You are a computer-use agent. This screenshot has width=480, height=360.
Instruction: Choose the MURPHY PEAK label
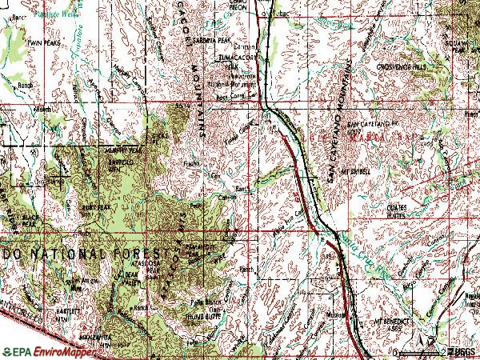pyautogui.click(x=119, y=150)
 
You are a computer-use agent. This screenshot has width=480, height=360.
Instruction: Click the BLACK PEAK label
pyautogui.click(x=32, y=218)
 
